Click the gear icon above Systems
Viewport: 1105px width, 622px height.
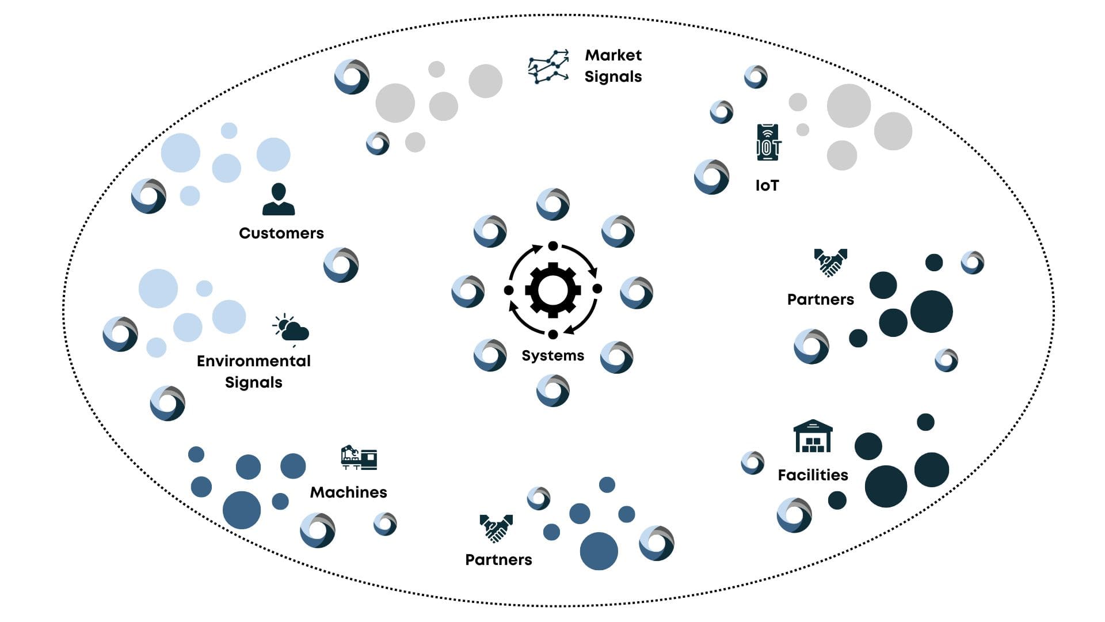pyautogui.click(x=552, y=290)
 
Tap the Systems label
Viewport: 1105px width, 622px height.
pyautogui.click(x=552, y=355)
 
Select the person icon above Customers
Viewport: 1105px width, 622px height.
pyautogui.click(x=279, y=199)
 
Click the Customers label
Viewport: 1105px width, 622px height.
pyautogui.click(x=281, y=233)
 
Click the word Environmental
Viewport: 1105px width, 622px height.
pyautogui.click(x=253, y=361)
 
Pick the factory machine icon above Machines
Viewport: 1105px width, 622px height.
pyautogui.click(x=359, y=458)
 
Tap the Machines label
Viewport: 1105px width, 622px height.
pyautogui.click(x=348, y=492)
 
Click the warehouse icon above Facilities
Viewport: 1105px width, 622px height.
pyautogui.click(x=813, y=436)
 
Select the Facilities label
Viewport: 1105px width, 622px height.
pyautogui.click(x=813, y=475)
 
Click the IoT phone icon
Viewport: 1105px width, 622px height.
pyautogui.click(x=768, y=142)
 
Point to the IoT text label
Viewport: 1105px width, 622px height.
pyautogui.click(x=767, y=185)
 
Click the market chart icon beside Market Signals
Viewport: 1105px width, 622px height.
pyautogui.click(x=548, y=67)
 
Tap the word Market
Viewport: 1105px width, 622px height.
pyautogui.click(x=613, y=55)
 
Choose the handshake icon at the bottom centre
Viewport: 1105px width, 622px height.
pyautogui.click(x=496, y=528)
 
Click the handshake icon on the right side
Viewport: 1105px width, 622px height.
pyautogui.click(x=830, y=262)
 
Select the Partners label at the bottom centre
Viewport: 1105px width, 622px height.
pyautogui.click(x=498, y=560)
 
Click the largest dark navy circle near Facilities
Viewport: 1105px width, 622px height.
pyautogui.click(x=886, y=487)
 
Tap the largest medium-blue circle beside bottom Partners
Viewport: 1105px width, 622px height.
pyautogui.click(x=599, y=551)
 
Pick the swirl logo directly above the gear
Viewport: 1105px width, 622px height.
pyautogui.click(x=553, y=204)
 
